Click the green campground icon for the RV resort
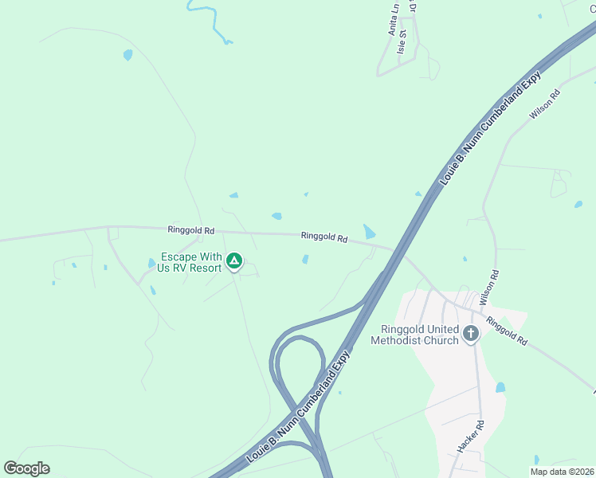pos(234,261)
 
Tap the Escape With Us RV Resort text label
pos(191,262)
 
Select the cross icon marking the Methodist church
pos(471,333)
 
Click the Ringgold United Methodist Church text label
pos(414,335)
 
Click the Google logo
pos(26,468)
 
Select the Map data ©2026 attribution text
pos(562,472)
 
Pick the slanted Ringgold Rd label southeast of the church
pos(507,331)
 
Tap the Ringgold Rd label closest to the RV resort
pos(191,230)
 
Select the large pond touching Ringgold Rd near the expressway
pos(370,232)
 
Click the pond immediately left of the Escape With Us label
pos(151,263)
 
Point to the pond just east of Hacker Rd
pos(500,388)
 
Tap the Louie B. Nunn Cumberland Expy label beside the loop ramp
pos(299,407)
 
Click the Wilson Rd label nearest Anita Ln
pos(545,104)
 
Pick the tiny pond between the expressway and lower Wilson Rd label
pos(465,259)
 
